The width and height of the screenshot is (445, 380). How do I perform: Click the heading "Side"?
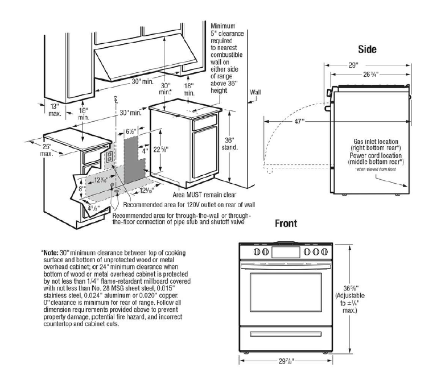(x=368, y=50)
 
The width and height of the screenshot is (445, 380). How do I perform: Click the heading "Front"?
(x=286, y=224)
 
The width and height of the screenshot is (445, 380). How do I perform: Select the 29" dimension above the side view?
(x=353, y=65)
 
